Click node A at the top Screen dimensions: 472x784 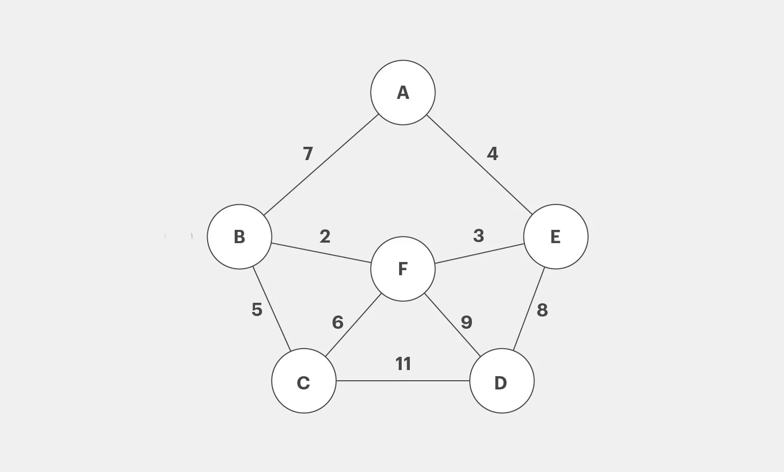tap(403, 93)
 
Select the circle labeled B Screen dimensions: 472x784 tap(239, 237)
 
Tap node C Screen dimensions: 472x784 tap(304, 381)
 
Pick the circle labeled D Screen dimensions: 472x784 tap(501, 381)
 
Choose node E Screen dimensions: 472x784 tap(555, 237)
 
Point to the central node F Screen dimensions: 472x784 tap(403, 269)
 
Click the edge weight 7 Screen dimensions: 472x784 tap(307, 153)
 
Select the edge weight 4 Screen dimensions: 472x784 tap(492, 153)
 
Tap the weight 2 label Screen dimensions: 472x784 tap(325, 236)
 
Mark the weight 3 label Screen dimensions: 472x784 tap(478, 235)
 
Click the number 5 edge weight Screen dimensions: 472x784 tap(257, 309)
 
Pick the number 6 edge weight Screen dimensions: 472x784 tap(338, 322)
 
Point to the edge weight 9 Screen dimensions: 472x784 tap(466, 322)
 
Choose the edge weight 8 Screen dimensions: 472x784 tap(542, 310)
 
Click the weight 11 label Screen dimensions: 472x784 tap(403, 364)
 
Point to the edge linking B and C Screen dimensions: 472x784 tap(272, 309)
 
